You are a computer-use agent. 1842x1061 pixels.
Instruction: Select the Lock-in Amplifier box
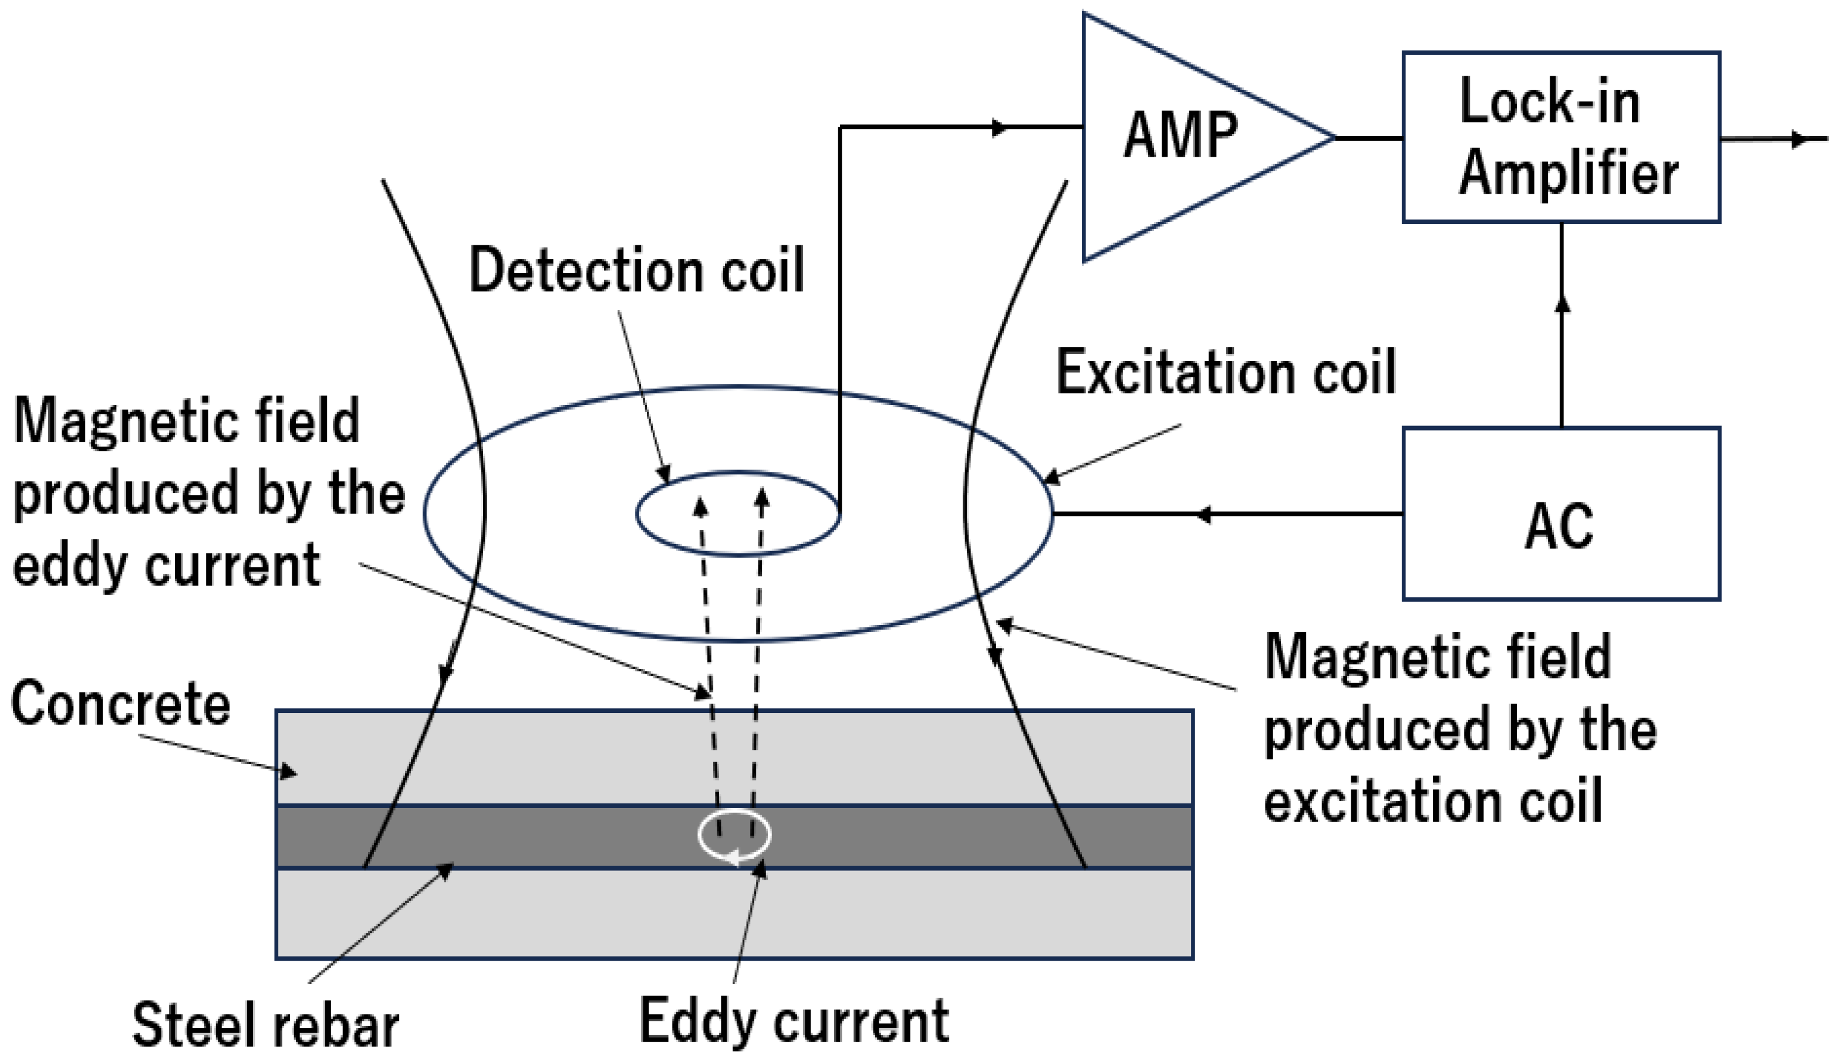(1561, 137)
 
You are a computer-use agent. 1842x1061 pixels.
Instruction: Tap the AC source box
(1561, 513)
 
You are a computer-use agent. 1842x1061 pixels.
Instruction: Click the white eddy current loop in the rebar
(734, 835)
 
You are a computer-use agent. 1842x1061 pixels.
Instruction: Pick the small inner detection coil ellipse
(738, 474)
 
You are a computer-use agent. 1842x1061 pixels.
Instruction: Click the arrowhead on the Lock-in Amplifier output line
(1800, 138)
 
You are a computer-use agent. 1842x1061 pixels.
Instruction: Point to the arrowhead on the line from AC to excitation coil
(1203, 515)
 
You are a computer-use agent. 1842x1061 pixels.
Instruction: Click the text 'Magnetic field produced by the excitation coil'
(1460, 729)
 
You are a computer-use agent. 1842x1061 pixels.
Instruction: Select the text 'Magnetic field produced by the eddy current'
(208, 492)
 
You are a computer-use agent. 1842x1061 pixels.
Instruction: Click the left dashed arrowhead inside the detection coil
(700, 506)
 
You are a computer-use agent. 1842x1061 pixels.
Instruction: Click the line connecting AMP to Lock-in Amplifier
(1369, 138)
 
